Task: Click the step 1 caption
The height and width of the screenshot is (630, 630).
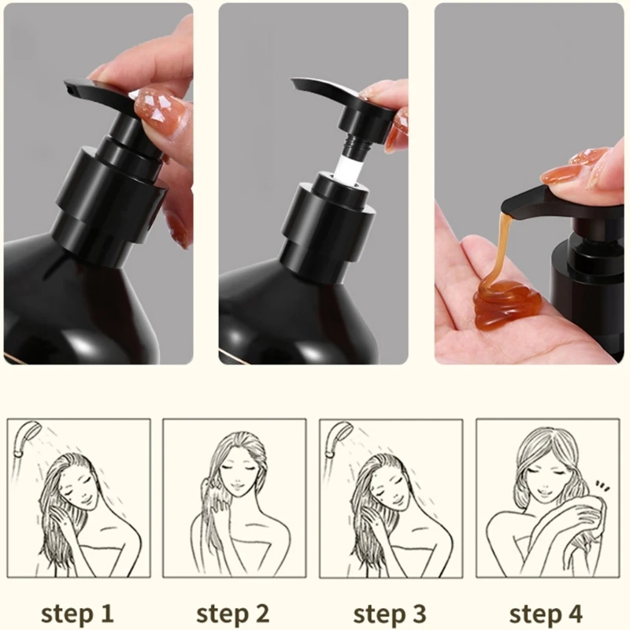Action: tap(77, 613)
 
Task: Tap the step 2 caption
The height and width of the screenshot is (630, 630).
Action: tap(233, 613)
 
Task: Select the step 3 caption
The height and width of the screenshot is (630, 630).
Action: tap(390, 613)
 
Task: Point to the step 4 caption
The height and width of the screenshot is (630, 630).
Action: tap(546, 613)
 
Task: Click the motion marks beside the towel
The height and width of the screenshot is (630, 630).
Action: tap(602, 486)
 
